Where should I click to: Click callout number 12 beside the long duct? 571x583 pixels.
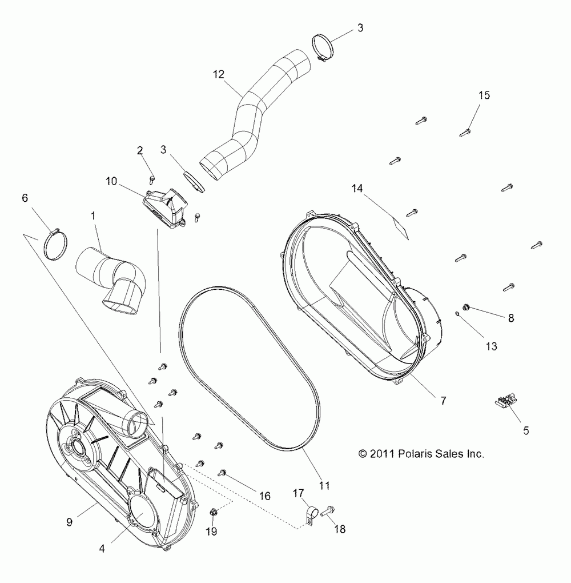coord(219,74)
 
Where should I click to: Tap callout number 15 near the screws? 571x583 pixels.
coord(484,95)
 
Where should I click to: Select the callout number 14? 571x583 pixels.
coord(357,188)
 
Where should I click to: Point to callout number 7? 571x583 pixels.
coord(443,401)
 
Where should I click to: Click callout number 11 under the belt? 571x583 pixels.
coord(324,486)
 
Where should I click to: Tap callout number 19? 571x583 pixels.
coord(211,531)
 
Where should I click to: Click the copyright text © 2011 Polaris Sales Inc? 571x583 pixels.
coord(421,454)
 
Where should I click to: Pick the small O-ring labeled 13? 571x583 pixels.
coord(457,313)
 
